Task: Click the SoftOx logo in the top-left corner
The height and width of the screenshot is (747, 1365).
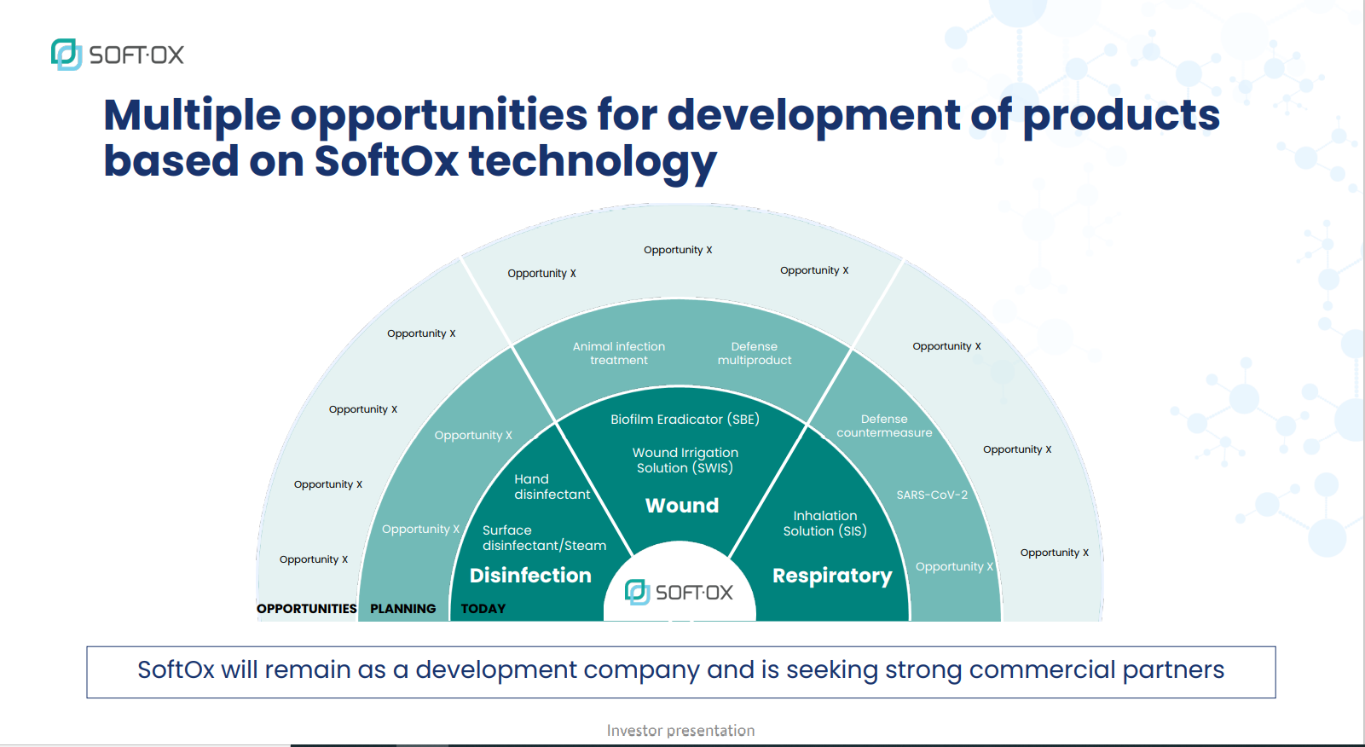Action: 117,55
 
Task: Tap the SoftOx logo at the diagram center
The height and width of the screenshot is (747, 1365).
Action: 679,593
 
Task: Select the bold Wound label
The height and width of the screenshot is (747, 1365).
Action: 682,506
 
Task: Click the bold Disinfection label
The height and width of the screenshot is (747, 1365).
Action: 530,576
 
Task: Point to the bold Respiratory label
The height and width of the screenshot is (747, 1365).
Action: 832,576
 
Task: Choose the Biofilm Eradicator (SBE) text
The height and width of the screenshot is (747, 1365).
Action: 685,420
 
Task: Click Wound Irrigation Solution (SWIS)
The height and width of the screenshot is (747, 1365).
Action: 685,460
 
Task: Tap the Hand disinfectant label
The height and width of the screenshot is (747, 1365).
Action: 552,486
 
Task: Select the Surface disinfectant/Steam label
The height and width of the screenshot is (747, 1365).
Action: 544,537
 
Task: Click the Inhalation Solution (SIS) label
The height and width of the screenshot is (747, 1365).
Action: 825,524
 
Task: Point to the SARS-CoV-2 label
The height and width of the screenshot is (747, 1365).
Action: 932,495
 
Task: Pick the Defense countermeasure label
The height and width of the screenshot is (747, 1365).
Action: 884,426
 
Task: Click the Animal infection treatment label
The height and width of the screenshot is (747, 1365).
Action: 618,353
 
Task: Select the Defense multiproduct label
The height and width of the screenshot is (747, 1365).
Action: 755,353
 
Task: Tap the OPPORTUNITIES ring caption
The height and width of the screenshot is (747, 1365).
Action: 307,609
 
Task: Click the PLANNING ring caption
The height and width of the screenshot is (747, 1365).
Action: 402,609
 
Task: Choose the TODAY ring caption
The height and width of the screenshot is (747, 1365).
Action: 483,609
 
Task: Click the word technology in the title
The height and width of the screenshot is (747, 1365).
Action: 593,161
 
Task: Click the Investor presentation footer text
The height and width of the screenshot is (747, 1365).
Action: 680,731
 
